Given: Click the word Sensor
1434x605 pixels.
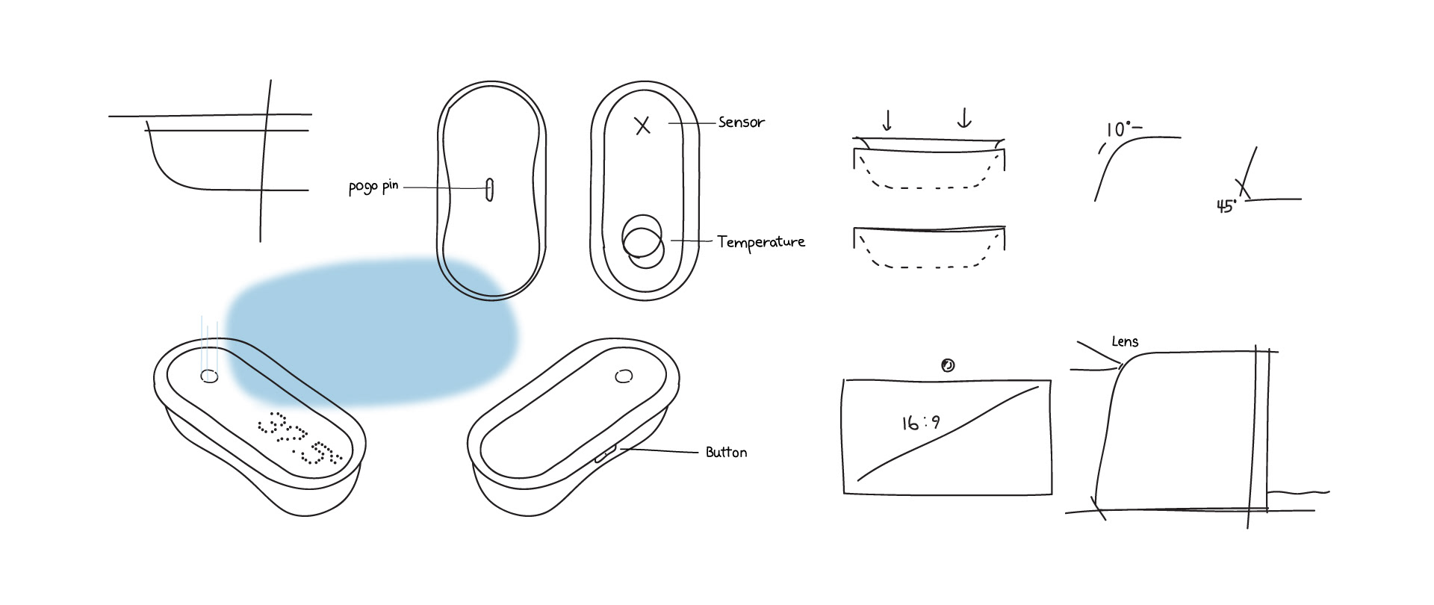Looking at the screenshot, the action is point(741,122).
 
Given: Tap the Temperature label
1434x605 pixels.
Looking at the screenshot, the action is point(761,241).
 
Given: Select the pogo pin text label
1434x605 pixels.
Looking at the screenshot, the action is point(373,187).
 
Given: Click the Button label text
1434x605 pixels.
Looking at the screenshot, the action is point(726,452).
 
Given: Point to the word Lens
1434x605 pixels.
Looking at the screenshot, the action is point(1125,341).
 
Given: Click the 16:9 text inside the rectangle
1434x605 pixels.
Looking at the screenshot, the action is point(921,423).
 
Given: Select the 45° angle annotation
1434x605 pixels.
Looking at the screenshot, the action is point(1226,207).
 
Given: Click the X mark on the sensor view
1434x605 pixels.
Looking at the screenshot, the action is point(642,125).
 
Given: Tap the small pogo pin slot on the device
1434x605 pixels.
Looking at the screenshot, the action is point(489,190).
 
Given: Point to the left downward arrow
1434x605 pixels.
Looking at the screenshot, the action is point(887,119).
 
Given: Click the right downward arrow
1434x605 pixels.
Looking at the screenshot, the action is point(964,118).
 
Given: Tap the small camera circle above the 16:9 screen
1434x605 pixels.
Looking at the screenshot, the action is point(948,365).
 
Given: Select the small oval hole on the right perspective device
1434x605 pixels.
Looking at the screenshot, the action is point(623,376).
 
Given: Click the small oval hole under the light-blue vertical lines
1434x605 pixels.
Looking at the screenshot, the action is point(210,377).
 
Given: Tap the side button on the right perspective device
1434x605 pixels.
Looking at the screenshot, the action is point(604,453).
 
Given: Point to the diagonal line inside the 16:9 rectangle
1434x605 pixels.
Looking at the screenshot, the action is point(949,432).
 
